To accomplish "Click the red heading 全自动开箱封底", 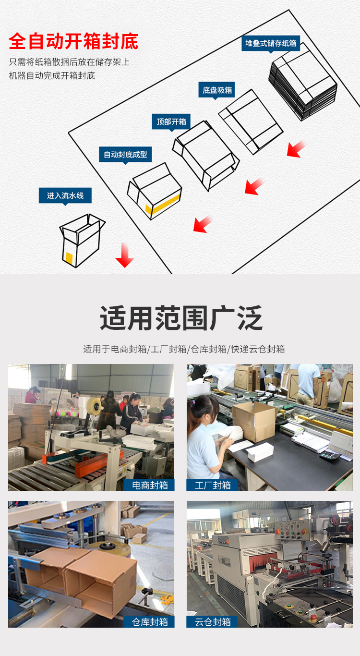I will (x=73, y=42).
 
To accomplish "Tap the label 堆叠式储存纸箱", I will (x=271, y=43).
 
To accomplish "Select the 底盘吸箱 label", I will (x=217, y=90).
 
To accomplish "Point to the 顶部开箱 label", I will (x=171, y=121).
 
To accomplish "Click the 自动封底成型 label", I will (x=125, y=155).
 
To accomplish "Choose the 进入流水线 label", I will (x=65, y=195).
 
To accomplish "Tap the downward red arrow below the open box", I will (x=125, y=255).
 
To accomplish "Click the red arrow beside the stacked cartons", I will (x=297, y=149).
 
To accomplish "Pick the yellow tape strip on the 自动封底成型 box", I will (x=163, y=202).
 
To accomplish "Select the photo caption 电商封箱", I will (x=150, y=485).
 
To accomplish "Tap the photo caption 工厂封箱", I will (x=212, y=485).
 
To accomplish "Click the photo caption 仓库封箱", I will (x=150, y=622).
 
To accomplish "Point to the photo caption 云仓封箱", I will (x=212, y=622).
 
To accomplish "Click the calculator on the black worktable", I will (x=330, y=454).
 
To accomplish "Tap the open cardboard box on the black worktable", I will (x=254, y=421).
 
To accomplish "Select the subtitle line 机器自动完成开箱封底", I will (x=52, y=75).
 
